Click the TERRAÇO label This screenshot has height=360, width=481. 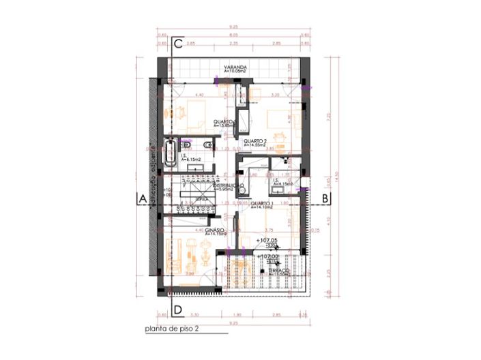point(278,270)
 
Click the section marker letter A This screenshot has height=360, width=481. point(143,198)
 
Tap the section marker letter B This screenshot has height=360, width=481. point(326,198)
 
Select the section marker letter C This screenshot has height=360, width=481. point(177,44)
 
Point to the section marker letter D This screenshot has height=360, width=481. point(177,311)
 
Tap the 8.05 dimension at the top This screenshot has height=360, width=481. point(234,34)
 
